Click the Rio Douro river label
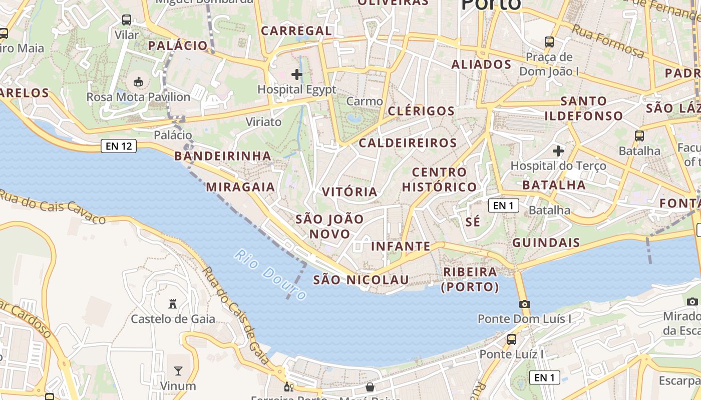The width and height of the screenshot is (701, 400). coord(270,274)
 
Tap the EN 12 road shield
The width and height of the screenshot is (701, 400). coord(119,146)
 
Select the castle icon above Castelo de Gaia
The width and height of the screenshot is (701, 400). coord(173,303)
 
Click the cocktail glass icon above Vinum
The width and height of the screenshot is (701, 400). coord(178,370)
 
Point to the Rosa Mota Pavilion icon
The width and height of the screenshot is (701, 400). coord(138,81)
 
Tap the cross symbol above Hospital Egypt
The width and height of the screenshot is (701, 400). coord(297,74)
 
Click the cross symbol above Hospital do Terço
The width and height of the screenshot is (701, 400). coord(558,150)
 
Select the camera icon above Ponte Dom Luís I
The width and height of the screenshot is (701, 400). coord(524,304)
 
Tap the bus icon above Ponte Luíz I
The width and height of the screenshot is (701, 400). coord(512,339)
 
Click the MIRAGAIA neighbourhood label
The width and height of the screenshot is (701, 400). coord(241,187)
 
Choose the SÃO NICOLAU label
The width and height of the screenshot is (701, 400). coord(361,280)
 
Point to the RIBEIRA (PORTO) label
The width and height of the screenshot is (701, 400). coord(470,279)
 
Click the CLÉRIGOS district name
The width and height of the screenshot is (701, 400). coord(421,111)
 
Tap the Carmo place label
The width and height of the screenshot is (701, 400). coord(365,101)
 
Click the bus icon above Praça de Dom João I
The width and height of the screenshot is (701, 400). coord(549,42)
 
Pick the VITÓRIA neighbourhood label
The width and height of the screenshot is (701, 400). coord(349,192)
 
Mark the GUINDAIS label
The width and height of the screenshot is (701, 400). coord(546,243)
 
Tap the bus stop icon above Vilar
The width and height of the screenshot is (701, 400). coord(127,20)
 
